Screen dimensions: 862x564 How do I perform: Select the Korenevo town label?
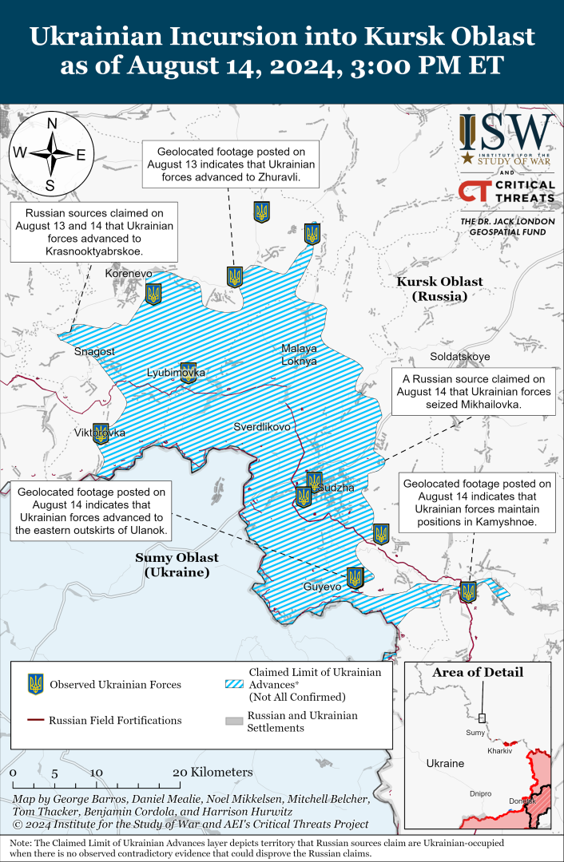tap(129, 274)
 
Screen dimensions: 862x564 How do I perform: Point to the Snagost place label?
tap(94, 351)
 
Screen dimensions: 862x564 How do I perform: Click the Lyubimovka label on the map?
tap(176, 373)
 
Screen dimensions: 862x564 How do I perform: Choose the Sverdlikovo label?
tap(261, 427)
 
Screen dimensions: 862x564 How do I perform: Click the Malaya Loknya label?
tap(299, 354)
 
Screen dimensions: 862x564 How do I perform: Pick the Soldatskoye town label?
tap(460, 356)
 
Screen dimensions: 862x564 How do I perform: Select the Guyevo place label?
tap(322, 587)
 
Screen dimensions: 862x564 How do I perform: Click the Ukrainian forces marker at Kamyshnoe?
tap(468, 591)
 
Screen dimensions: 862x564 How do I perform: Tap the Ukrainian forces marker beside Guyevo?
tap(355, 577)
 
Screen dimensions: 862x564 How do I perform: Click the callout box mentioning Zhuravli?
tap(231, 164)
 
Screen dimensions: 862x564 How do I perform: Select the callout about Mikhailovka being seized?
tap(473, 391)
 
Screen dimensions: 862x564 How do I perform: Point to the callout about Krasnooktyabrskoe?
tap(94, 232)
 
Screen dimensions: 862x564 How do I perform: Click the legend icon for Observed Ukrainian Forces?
tap(36, 684)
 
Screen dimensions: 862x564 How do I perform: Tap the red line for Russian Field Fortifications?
tap(36, 720)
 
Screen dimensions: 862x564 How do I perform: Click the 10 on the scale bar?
tap(96, 773)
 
